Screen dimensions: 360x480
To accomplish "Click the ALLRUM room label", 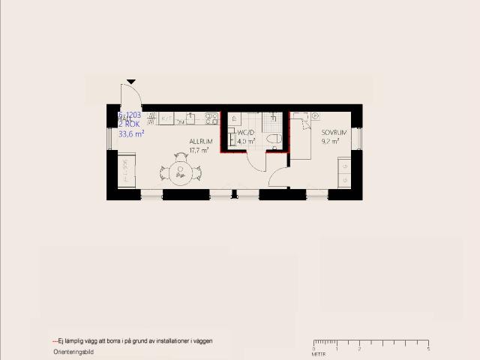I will [200, 141].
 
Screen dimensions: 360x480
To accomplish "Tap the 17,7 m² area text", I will [199, 150].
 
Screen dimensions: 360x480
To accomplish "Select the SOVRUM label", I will [334, 132].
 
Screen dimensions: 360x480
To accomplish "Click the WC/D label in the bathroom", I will [247, 131].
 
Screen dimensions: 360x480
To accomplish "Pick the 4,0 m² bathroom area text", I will [246, 140].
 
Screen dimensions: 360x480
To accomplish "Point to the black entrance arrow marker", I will [131, 81].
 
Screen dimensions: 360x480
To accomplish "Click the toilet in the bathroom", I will [274, 139].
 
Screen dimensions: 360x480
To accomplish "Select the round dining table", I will [181, 172].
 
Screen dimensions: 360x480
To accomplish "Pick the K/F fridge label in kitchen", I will [166, 118].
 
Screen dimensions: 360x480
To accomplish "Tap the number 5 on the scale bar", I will [427, 349].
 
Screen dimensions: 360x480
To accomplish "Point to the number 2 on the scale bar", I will [359, 349].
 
